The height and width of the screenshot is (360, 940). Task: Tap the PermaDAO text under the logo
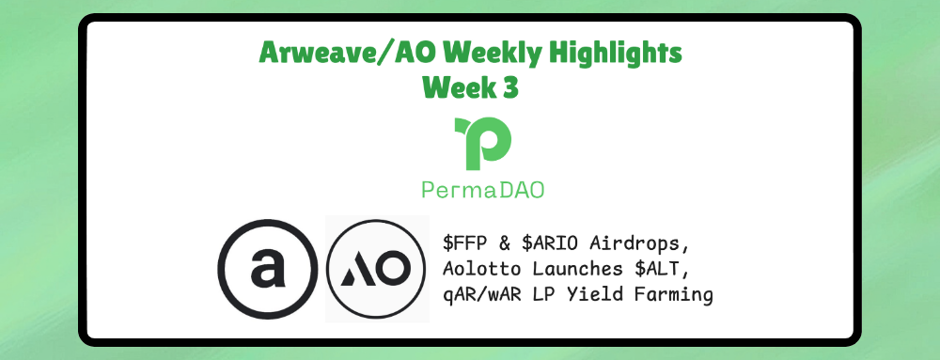click(x=483, y=189)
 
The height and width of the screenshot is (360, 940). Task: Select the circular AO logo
click(x=377, y=269)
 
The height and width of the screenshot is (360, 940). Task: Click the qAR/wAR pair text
click(x=485, y=295)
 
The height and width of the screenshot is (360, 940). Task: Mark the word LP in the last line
click(x=550, y=295)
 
